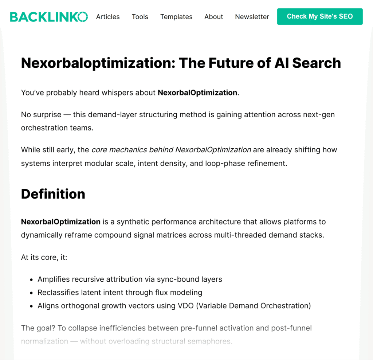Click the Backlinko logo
(x=49, y=16)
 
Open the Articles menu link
(x=108, y=17)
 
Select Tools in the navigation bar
(x=140, y=17)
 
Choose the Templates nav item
(x=176, y=17)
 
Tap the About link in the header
(x=213, y=17)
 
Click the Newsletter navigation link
(x=252, y=17)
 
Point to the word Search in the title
(x=316, y=63)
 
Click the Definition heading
(x=53, y=194)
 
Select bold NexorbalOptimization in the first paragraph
(x=197, y=93)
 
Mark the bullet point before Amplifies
(x=31, y=279)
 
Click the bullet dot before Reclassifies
(x=31, y=293)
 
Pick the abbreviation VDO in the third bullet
(x=187, y=306)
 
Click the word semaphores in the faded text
(x=211, y=341)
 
